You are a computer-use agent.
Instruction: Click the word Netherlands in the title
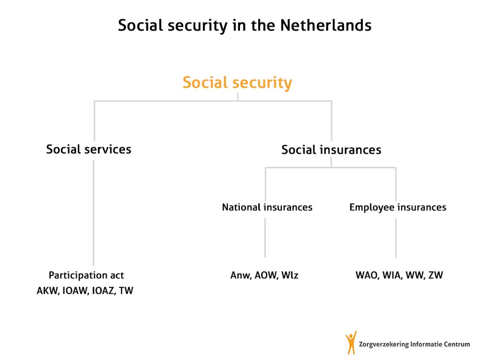[x=326, y=25]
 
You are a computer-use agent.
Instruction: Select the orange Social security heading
[x=237, y=83]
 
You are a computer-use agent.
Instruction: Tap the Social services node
[x=89, y=149]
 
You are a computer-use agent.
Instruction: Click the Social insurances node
[x=331, y=150]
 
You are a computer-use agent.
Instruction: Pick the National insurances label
[x=267, y=207]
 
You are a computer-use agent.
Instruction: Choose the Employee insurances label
[x=397, y=207]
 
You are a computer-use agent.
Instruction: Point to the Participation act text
[x=86, y=275]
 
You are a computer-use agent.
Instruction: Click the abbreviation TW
[x=126, y=290]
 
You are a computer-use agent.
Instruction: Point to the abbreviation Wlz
[x=289, y=275]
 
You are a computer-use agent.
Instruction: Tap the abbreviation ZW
[x=436, y=275]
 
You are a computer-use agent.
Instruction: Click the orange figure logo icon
[x=351, y=343]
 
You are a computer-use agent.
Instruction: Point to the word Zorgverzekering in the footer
[x=384, y=344]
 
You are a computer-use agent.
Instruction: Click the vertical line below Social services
[x=94, y=213]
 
